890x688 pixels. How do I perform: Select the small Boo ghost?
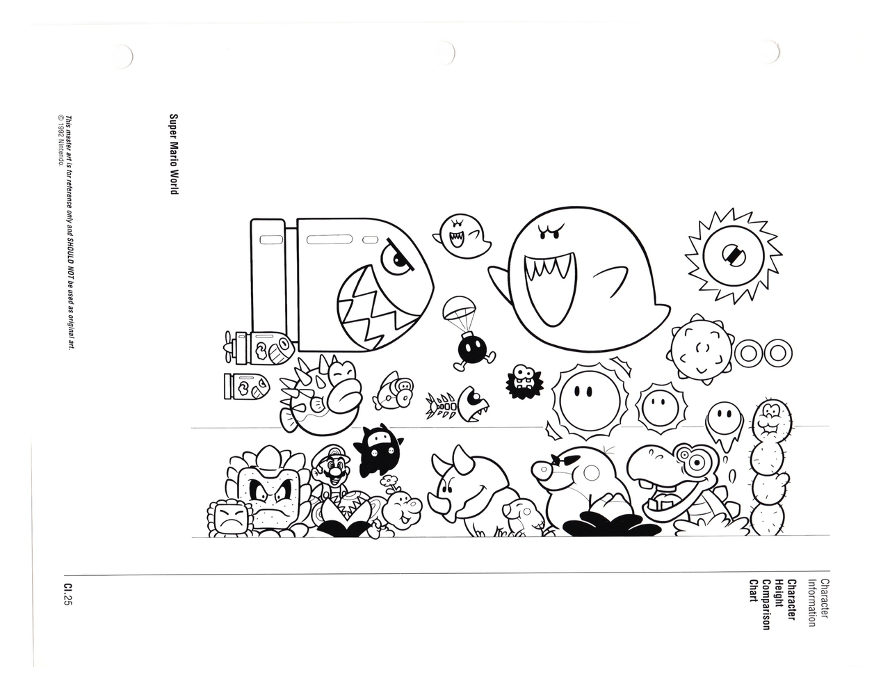461,237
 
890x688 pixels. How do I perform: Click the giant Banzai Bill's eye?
397,259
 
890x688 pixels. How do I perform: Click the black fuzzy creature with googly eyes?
524,382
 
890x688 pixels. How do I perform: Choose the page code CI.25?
68,595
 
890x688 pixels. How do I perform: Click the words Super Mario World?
174,154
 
